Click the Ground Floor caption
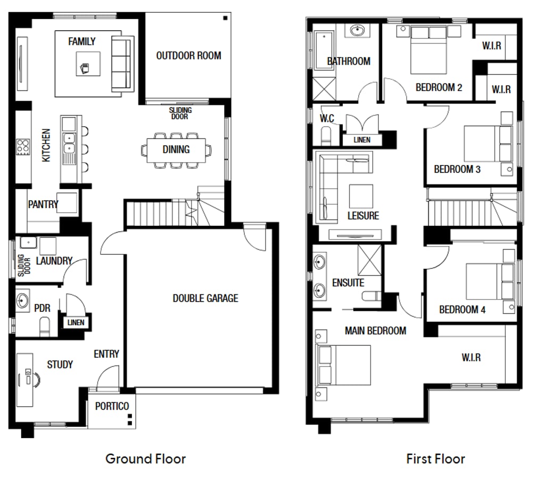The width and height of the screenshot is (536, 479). coord(145,458)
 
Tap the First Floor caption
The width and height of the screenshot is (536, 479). coord(435,458)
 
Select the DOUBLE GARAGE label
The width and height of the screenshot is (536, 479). coord(205,298)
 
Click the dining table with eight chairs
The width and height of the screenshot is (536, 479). coord(176,150)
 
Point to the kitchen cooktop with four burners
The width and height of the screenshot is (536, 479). coord(23,146)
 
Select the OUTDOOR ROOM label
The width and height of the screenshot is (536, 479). coord(188,55)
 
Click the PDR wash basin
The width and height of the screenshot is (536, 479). coord(23,301)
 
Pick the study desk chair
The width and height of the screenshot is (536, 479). coord(35,379)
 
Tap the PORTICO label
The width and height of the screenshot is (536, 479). coord(112,406)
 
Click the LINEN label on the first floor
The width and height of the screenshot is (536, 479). coord(362,140)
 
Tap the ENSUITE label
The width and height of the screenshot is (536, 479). coord(348,283)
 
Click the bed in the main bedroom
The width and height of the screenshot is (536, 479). coord(344,365)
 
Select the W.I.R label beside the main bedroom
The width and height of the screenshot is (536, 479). coord(471,357)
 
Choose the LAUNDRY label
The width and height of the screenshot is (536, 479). coord(54,261)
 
